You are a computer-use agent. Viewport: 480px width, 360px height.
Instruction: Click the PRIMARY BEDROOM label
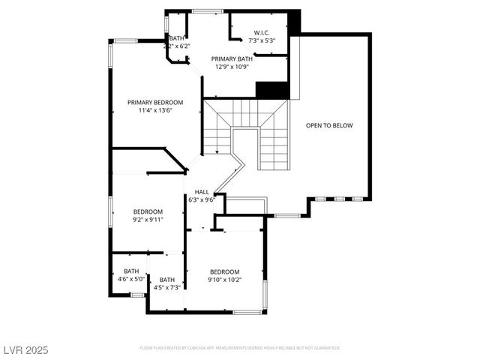tap(155, 102)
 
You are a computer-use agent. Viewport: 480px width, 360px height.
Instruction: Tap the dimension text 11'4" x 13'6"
tap(155, 110)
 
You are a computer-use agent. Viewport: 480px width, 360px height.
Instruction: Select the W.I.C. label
tap(262, 32)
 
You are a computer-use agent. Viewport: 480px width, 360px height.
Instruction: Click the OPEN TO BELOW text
tap(329, 125)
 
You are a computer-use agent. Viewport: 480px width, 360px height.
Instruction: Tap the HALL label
tap(202, 192)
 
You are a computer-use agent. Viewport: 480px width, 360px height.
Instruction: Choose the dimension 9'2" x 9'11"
tap(148, 219)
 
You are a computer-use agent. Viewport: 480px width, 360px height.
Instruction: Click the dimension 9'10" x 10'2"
tap(224, 280)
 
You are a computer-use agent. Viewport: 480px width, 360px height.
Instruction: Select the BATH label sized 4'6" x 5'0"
tap(131, 271)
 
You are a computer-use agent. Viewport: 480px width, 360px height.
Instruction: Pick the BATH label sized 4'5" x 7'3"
tap(166, 279)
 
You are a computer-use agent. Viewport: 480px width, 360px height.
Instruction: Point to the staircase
tap(247, 131)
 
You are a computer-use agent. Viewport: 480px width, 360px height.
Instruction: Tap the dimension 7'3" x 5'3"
tap(262, 40)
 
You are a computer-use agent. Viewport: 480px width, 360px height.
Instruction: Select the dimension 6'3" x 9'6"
tap(202, 199)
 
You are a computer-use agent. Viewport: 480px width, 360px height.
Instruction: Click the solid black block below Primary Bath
tap(272, 89)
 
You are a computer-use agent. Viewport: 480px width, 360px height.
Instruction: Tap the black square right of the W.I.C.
tap(294, 22)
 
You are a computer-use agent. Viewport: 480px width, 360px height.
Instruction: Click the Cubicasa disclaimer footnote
tap(240, 348)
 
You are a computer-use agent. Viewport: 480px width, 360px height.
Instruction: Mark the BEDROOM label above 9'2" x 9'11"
tap(148, 211)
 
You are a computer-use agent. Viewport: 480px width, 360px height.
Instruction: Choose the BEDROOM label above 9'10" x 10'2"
tap(224, 271)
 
